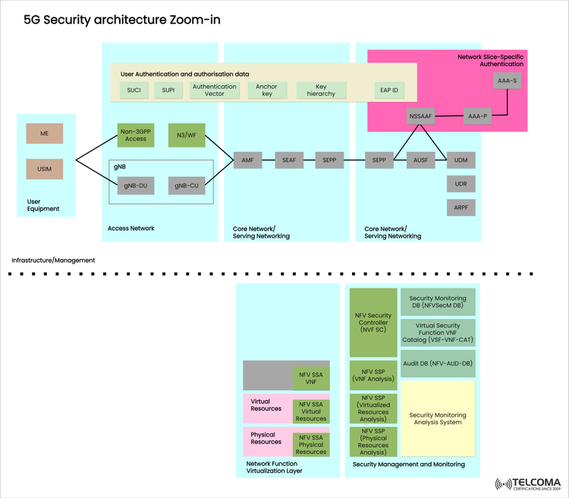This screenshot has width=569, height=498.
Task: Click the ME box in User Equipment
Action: click(x=44, y=134)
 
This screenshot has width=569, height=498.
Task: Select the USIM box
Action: click(x=44, y=169)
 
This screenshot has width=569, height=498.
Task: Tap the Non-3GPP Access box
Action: click(x=136, y=134)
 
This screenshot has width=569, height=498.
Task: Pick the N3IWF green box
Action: click(x=186, y=134)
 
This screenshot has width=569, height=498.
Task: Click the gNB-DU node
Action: click(x=136, y=184)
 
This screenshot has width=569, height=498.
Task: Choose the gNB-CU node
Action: click(x=186, y=184)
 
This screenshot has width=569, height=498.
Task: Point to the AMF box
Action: click(x=247, y=161)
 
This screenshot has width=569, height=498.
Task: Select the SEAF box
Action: click(x=288, y=161)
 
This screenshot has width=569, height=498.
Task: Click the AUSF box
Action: click(x=421, y=161)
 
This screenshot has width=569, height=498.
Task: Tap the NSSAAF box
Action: click(x=419, y=116)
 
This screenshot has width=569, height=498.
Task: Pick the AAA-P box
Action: click(x=477, y=116)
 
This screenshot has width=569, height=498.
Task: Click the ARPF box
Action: click(x=461, y=206)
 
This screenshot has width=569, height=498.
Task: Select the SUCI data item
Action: click(x=134, y=90)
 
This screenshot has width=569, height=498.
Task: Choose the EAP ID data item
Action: click(x=390, y=90)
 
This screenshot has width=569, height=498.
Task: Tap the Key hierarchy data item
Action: click(x=321, y=90)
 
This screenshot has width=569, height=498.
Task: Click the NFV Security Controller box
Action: click(x=373, y=322)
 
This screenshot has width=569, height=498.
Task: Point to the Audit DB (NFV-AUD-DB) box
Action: click(x=438, y=364)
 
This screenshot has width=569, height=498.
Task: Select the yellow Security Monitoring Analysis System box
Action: click(x=438, y=418)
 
